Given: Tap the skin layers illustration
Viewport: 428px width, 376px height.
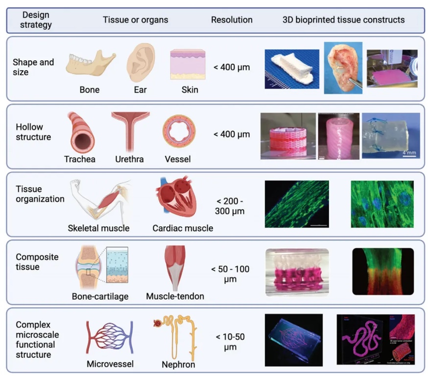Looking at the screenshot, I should tap(188, 64).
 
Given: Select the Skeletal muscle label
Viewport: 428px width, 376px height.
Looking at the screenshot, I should tap(99, 228).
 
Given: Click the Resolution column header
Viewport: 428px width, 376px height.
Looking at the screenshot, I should tap(232, 20).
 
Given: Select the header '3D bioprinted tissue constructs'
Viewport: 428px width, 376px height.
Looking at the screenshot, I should tap(343, 20).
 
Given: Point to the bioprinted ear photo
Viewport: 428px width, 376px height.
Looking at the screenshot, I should tap(342, 67).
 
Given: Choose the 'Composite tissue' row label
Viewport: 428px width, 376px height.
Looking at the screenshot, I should tap(37, 262).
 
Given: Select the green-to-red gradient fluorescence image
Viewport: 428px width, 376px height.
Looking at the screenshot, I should tap(382, 271).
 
